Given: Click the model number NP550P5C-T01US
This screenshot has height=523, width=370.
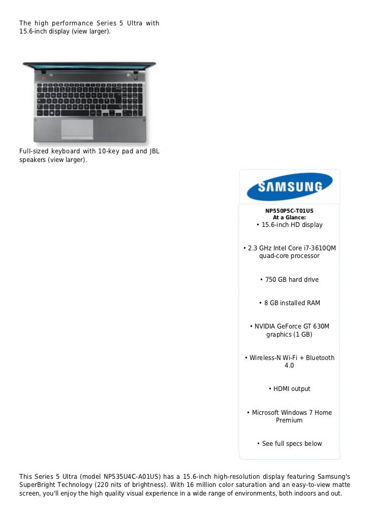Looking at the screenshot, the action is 289,211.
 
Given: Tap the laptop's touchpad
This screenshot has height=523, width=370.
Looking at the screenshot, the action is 77,128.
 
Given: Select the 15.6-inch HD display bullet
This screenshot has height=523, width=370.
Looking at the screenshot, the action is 289,224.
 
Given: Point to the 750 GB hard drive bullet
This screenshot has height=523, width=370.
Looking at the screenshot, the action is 289,280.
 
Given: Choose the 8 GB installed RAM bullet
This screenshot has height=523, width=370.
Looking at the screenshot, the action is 289,303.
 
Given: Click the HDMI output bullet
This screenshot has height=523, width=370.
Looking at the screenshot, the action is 289,389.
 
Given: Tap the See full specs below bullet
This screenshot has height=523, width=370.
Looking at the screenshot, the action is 289,444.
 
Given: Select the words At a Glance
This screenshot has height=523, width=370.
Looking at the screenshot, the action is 289,217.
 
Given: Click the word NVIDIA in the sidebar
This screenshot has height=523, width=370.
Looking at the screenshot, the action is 267,326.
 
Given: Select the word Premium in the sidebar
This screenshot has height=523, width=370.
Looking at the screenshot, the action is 289,420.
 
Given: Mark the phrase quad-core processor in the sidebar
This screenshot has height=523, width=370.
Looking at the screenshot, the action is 289,256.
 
